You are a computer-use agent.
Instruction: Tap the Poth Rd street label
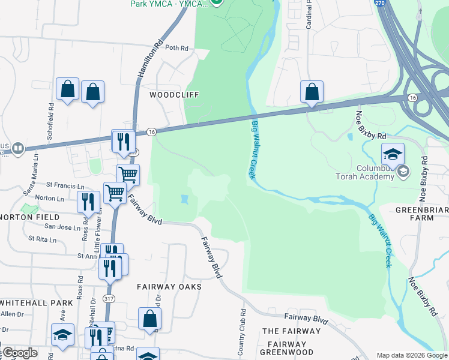point(176,48)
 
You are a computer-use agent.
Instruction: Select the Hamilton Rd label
point(150,58)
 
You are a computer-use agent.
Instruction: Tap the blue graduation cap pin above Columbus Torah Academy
point(393,155)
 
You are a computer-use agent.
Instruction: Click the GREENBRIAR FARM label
point(423,214)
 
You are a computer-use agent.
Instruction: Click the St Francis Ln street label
point(65,186)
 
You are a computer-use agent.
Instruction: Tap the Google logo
point(19,353)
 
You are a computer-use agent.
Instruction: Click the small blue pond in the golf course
point(184,199)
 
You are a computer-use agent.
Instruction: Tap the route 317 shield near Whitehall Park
point(109,298)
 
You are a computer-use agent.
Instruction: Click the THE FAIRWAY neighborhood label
point(291,331)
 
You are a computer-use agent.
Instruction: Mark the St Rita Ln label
point(42,239)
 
